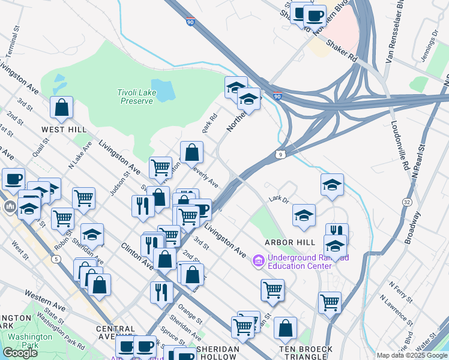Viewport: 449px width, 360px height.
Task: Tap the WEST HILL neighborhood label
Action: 64,130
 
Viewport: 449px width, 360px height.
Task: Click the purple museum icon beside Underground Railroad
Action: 259,260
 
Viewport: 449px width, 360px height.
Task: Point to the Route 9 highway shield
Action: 281,155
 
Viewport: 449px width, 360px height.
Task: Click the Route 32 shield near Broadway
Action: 407,202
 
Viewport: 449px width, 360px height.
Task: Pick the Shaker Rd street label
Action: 341,52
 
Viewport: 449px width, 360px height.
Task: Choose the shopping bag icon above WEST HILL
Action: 61,108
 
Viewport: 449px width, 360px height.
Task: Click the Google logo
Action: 20,353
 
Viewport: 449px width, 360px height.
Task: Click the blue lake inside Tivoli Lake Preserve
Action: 162,89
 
